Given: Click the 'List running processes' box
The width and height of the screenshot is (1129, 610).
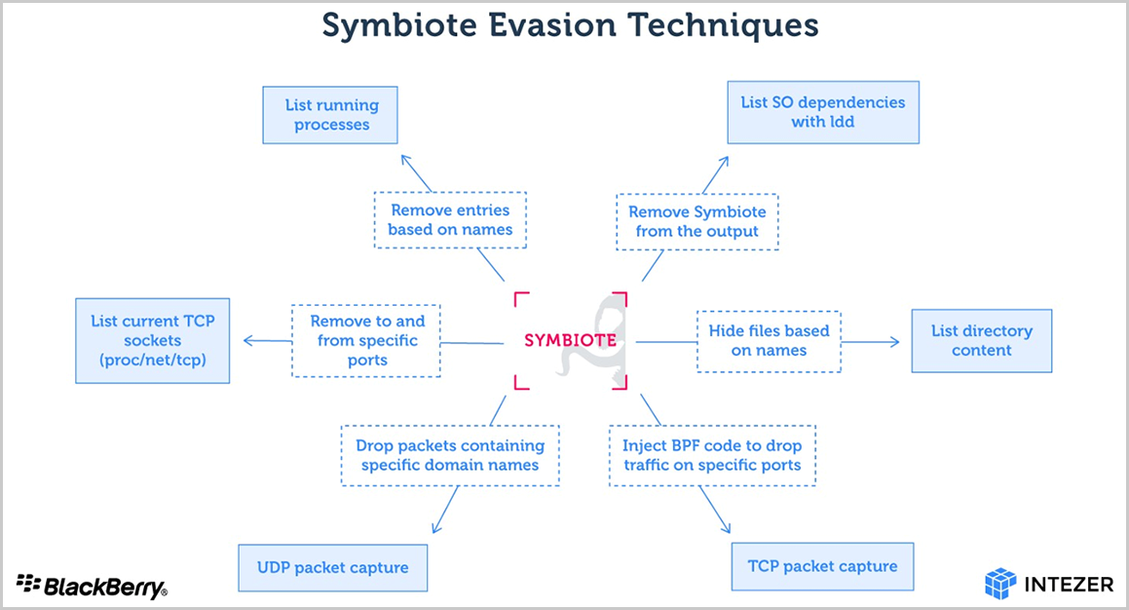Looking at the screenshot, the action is (x=330, y=115).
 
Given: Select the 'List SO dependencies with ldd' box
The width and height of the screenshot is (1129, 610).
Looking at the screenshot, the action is (x=823, y=112).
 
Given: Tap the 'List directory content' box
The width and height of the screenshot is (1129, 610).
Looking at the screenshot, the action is (x=981, y=341).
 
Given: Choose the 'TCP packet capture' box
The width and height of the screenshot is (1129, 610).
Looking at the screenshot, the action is (x=822, y=567).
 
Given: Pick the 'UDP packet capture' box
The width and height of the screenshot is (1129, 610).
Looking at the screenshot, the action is (x=332, y=567).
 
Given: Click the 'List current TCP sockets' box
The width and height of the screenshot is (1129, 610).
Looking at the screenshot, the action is (x=153, y=341).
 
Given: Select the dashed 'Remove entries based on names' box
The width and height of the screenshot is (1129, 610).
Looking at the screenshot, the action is (x=450, y=220).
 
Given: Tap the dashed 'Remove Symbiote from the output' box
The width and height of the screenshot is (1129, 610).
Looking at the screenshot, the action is (x=697, y=222).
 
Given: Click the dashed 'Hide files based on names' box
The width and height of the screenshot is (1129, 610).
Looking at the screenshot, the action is (x=769, y=341).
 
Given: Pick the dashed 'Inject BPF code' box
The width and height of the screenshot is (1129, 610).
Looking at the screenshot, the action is (x=712, y=456).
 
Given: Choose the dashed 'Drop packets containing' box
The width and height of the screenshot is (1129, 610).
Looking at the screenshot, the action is (x=450, y=456).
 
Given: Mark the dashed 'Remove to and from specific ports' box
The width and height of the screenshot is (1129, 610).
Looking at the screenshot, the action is (x=366, y=341).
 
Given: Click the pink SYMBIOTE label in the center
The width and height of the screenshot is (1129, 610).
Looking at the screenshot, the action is (x=570, y=340).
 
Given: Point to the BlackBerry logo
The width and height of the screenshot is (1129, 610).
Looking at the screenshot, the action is (x=92, y=586).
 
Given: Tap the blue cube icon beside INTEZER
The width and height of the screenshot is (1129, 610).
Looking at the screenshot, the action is (x=1000, y=584).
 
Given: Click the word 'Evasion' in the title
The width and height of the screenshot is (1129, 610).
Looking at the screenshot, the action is (x=552, y=26).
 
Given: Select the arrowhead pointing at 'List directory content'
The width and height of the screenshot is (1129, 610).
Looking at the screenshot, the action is (x=895, y=342).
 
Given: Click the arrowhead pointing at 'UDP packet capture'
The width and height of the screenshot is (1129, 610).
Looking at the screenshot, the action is (x=435, y=528).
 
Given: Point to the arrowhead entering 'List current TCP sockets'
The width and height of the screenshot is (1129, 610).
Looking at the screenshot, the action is (x=248, y=341).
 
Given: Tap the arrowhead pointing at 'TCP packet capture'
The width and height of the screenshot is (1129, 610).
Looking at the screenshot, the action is (x=726, y=527).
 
